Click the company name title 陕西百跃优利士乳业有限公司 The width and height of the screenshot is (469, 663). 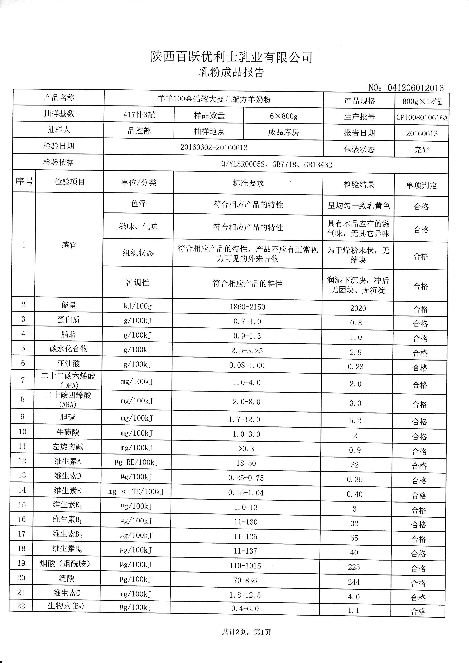pyautogui.click(x=231, y=57)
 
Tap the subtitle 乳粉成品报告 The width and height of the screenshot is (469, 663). pyautogui.click(x=231, y=72)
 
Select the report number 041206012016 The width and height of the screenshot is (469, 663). pyautogui.click(x=415, y=88)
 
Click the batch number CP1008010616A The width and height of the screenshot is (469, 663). pyautogui.click(x=422, y=118)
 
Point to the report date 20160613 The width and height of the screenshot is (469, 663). pyautogui.click(x=422, y=134)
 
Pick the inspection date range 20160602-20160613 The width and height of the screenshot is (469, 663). pyautogui.click(x=214, y=148)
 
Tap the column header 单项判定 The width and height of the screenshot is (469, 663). pyautogui.click(x=421, y=185)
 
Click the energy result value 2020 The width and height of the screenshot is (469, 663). pyautogui.click(x=358, y=308)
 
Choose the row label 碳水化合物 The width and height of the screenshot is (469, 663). pyautogui.click(x=68, y=349)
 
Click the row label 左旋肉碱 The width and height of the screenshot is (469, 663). pyautogui.click(x=68, y=447)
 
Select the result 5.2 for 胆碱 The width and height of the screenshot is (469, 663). pyautogui.click(x=355, y=421)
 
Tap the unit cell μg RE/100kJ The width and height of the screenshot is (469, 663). pyautogui.click(x=136, y=463)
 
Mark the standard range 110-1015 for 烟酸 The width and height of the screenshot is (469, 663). pyautogui.click(x=245, y=566)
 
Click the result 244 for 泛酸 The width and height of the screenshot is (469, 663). pyautogui.click(x=354, y=582)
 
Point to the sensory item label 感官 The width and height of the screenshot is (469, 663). pyautogui.click(x=69, y=245)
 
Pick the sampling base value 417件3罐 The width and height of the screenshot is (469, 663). pyautogui.click(x=139, y=115)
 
